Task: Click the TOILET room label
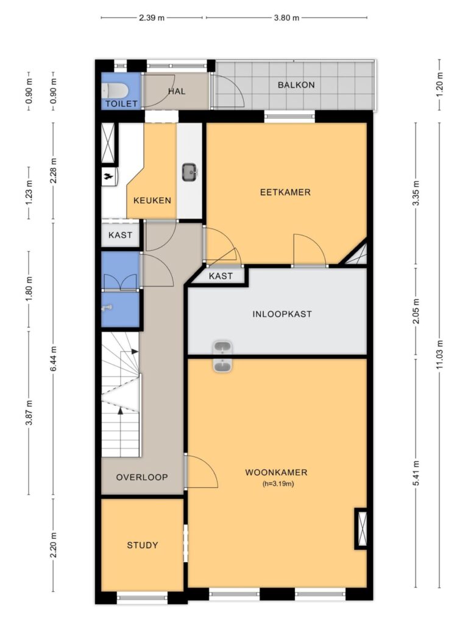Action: (121, 103)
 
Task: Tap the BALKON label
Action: (296, 85)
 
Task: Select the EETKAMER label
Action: (285, 192)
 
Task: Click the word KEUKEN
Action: (152, 200)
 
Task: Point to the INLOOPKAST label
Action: (282, 315)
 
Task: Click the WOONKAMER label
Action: (276, 472)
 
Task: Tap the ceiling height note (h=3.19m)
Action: (278, 484)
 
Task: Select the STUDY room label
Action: (143, 545)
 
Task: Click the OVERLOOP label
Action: (142, 477)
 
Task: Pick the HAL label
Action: (177, 91)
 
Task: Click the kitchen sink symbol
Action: (190, 172)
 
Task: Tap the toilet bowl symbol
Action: (115, 91)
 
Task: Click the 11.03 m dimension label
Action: (440, 355)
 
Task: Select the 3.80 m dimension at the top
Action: (286, 18)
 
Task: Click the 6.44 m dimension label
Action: (54, 359)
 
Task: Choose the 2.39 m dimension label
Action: (152, 18)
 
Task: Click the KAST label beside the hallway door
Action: (120, 235)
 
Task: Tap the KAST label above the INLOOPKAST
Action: (221, 276)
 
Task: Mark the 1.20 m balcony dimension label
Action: (440, 85)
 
